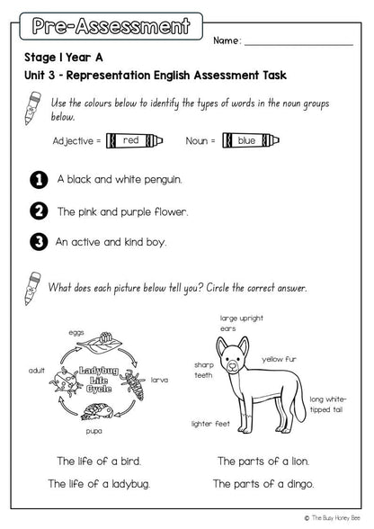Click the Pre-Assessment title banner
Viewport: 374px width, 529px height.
pyautogui.click(x=111, y=26)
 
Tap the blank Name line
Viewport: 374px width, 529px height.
pyautogui.click(x=298, y=45)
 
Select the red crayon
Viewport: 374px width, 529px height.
pyautogui.click(x=134, y=140)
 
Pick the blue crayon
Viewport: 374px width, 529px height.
pyautogui.click(x=251, y=140)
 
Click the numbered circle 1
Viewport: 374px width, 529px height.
pyautogui.click(x=39, y=180)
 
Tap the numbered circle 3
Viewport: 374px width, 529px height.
pyautogui.click(x=39, y=242)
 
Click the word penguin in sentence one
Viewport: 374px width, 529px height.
pyautogui.click(x=163, y=180)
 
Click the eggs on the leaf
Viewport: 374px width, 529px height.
pyautogui.click(x=105, y=337)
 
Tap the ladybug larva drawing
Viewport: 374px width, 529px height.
pyautogui.click(x=134, y=384)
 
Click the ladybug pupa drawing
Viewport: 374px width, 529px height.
pyautogui.click(x=97, y=412)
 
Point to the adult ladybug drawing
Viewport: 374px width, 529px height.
pyautogui.click(x=66, y=381)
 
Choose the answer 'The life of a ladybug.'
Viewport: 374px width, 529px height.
pyautogui.click(x=99, y=484)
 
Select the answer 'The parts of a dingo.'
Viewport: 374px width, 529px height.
pyautogui.click(x=263, y=484)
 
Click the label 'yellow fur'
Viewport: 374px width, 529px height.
pyautogui.click(x=280, y=359)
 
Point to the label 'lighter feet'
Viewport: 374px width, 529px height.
pyautogui.click(x=210, y=424)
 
